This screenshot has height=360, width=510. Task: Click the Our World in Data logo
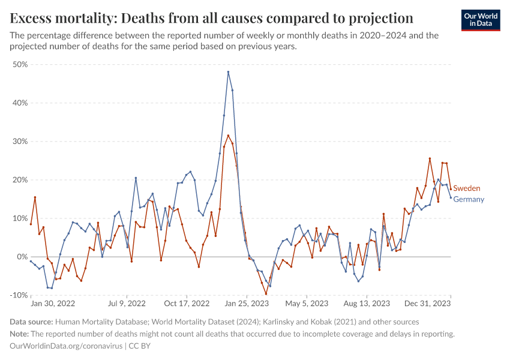(481, 20)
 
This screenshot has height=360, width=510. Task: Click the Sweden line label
(466, 188)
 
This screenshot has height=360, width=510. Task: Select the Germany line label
(469, 199)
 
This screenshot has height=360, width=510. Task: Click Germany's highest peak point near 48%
(228, 72)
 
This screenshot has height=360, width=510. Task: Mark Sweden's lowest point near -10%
(266, 294)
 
